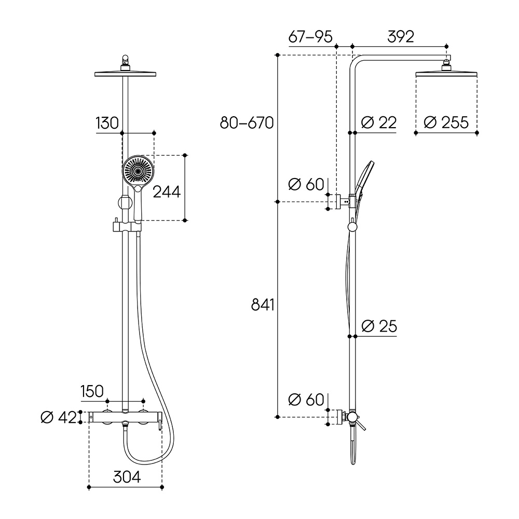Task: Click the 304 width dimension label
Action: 127,477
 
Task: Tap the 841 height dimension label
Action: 263,305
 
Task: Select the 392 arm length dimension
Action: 401,36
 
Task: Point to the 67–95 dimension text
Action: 310,36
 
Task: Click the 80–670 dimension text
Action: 247,123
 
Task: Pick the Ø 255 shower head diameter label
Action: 446,122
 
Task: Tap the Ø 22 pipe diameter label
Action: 379,122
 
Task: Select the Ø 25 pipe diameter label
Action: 379,326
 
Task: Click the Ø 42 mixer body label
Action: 59,417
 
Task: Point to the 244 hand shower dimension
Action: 167,192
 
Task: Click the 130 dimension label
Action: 107,123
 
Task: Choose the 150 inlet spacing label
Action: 92,391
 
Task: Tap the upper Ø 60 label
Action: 306,184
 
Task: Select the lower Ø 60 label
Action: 306,400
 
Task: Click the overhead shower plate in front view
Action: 125,74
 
